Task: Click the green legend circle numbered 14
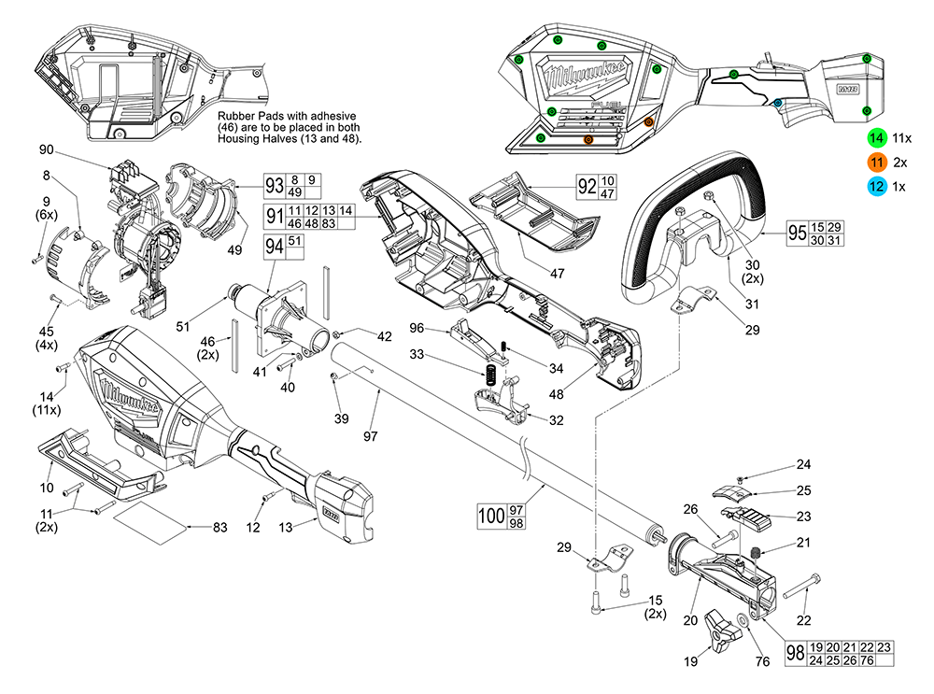pyautogui.click(x=876, y=137)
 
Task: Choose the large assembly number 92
pyautogui.click(x=587, y=186)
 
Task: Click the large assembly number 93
pyautogui.click(x=274, y=185)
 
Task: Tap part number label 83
pyautogui.click(x=220, y=528)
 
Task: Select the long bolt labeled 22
pyautogui.click(x=800, y=588)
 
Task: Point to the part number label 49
pyautogui.click(x=234, y=249)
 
